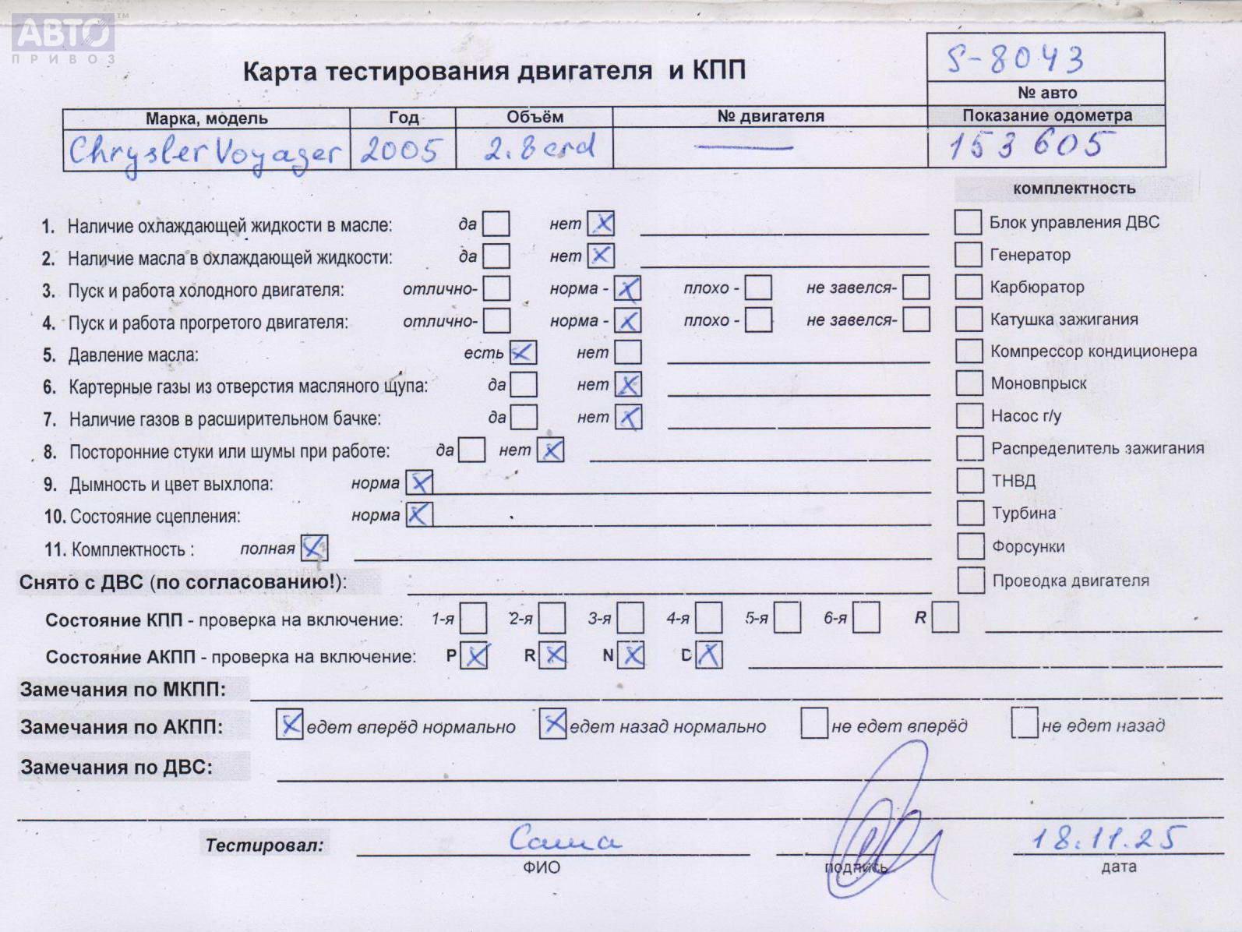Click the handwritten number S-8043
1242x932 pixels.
pyautogui.click(x=1014, y=59)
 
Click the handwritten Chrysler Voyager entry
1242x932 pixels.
pyautogui.click(x=205, y=153)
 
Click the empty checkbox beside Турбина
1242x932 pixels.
pyautogui.click(x=970, y=513)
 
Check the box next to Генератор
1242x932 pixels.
pyautogui.click(x=968, y=254)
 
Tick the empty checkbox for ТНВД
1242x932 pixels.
pyautogui.click(x=969, y=480)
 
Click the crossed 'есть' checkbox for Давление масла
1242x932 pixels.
pyautogui.click(x=523, y=353)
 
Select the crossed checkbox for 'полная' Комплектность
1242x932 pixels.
pyautogui.click(x=314, y=548)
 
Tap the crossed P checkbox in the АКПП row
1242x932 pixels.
pyautogui.click(x=475, y=655)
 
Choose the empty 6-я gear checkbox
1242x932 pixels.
pyautogui.click(x=866, y=618)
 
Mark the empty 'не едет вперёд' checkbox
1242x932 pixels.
pyautogui.click(x=814, y=723)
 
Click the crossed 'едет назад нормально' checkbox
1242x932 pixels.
pyautogui.click(x=552, y=724)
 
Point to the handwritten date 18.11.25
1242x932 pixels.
pyautogui.click(x=1107, y=838)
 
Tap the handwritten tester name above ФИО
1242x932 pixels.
pyautogui.click(x=564, y=839)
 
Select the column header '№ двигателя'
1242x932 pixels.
pyautogui.click(x=770, y=116)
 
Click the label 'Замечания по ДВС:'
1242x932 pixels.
pyautogui.click(x=116, y=767)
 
